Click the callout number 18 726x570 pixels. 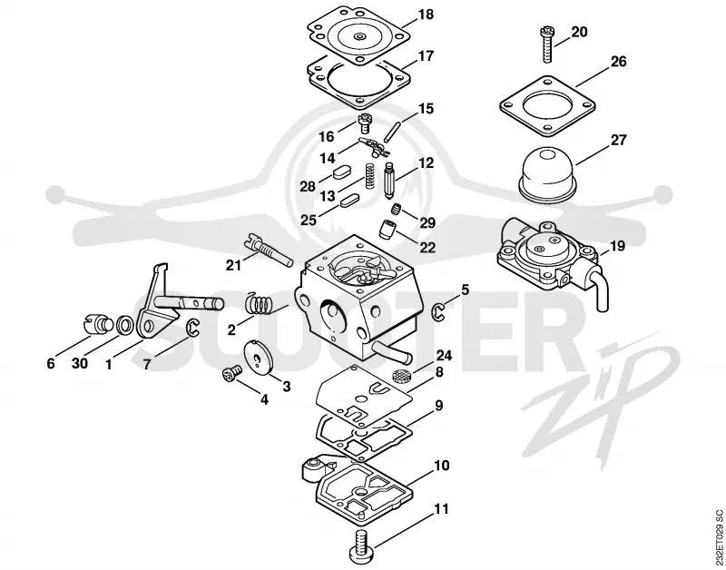click(x=426, y=15)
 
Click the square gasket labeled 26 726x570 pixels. click(x=548, y=107)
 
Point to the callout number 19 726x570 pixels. click(x=617, y=245)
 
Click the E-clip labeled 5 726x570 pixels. click(x=438, y=312)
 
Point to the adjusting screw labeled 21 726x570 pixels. click(x=267, y=250)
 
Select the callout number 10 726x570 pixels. click(x=441, y=465)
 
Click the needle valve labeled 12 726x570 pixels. click(x=389, y=181)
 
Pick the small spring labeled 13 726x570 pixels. click(x=370, y=175)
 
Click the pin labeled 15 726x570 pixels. click(x=390, y=132)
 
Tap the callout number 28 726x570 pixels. click(x=308, y=186)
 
